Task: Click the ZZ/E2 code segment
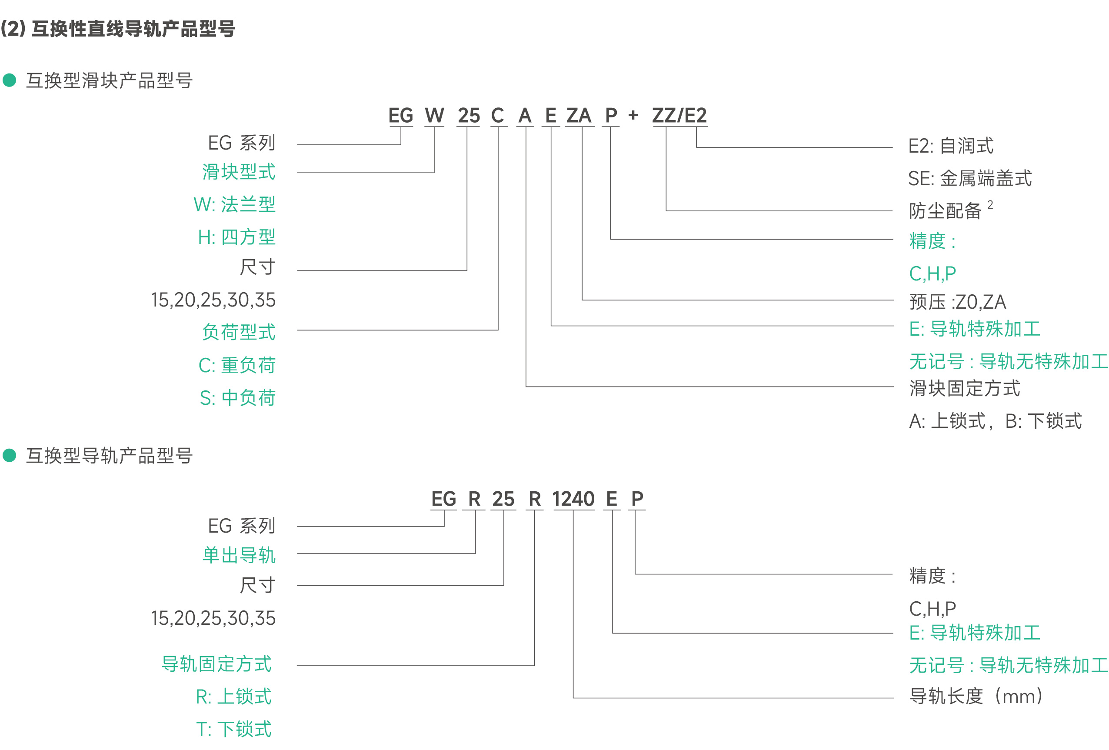click(x=679, y=116)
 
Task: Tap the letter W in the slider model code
click(x=434, y=116)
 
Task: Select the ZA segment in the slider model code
click(x=579, y=116)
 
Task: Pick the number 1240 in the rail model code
click(x=573, y=499)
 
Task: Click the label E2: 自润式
click(x=951, y=146)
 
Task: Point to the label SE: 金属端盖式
click(x=969, y=178)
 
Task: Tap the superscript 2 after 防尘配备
click(x=990, y=205)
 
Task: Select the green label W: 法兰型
click(x=235, y=204)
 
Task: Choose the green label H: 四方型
click(x=236, y=237)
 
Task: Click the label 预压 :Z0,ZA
click(x=958, y=302)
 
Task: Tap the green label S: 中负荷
click(x=238, y=397)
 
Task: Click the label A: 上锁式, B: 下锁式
click(x=996, y=421)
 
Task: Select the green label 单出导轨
click(x=239, y=555)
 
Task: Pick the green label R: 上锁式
click(x=234, y=697)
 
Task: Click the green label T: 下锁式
click(x=234, y=729)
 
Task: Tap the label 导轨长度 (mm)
click(x=976, y=696)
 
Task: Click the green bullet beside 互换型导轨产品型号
click(x=10, y=455)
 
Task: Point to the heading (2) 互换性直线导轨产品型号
click(x=118, y=29)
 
